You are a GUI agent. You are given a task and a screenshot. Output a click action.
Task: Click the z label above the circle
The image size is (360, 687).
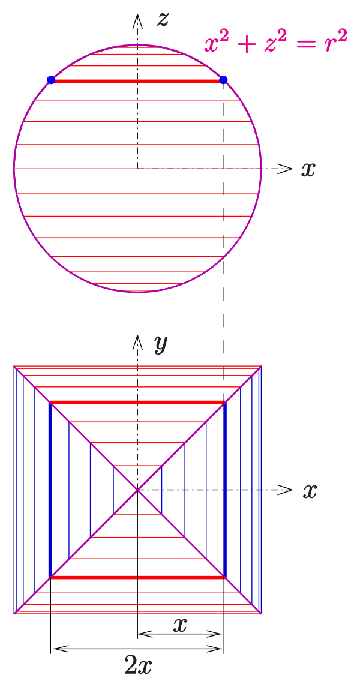point(163,20)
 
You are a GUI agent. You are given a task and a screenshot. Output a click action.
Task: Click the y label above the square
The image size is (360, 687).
point(160,344)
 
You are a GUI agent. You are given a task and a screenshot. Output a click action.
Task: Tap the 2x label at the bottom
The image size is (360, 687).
point(138,665)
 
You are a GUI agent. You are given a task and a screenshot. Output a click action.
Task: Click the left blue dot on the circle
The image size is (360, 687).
point(51,80)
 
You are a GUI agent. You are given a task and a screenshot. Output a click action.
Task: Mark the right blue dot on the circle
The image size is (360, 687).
point(223,80)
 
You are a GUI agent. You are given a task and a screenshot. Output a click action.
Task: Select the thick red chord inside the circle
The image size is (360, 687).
point(137,81)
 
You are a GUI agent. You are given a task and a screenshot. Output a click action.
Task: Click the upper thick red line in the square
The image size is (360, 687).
point(137,402)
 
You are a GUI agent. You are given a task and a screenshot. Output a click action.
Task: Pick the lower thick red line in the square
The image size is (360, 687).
point(137,577)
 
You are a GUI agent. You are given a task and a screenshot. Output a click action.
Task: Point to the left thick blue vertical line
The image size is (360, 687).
point(50,490)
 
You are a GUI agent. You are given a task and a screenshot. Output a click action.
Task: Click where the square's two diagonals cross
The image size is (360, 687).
point(137,490)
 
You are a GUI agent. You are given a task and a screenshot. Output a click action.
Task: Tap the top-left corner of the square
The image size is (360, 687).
point(14,367)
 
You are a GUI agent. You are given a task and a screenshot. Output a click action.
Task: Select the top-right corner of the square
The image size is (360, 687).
point(261,367)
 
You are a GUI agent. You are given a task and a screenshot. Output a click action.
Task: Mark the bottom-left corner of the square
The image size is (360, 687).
point(14,613)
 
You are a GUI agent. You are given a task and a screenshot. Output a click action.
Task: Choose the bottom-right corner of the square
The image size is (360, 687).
point(261,613)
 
